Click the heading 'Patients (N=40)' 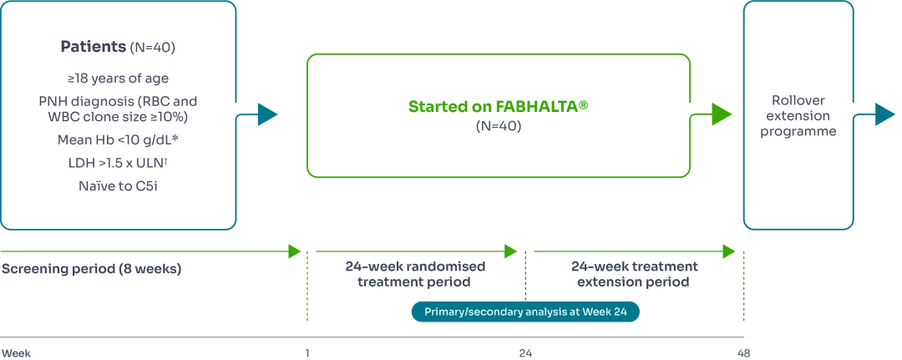[x=118, y=47]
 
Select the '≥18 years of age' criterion [x=118, y=79]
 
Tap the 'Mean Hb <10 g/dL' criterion [x=118, y=139]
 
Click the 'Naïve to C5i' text [x=118, y=186]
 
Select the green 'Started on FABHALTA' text [x=499, y=108]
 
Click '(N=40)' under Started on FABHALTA [x=499, y=127]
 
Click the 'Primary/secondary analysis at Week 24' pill [x=525, y=312]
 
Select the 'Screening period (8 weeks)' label [x=91, y=271]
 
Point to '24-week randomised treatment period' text [x=415, y=274]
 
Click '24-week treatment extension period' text [x=635, y=274]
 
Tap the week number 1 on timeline [x=307, y=353]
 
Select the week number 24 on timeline [x=525, y=353]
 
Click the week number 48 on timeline [x=743, y=353]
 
